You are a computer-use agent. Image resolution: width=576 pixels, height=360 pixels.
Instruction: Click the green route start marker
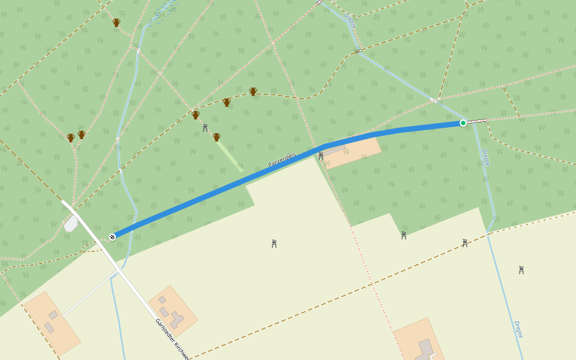point(463,123)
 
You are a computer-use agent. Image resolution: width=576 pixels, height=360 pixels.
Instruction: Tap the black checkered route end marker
point(112,237)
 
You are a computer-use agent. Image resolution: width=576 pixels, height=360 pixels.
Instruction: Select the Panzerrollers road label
point(282,160)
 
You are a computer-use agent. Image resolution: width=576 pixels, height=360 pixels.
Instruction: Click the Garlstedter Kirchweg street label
point(173,340)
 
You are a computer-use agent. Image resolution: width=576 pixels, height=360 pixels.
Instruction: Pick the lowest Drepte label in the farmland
point(518,329)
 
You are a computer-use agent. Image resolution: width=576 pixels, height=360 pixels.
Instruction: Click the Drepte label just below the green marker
point(485,157)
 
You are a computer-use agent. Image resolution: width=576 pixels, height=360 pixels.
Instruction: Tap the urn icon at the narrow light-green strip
point(217,137)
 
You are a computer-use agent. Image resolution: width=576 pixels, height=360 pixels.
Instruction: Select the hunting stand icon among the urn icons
point(205,127)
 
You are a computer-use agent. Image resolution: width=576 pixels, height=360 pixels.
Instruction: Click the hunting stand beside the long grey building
point(321,156)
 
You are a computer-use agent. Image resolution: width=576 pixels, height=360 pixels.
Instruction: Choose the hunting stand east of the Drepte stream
point(521,270)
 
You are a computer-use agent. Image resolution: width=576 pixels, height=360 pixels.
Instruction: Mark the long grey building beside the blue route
point(334,149)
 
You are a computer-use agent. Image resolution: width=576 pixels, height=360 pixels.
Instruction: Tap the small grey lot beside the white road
point(71,224)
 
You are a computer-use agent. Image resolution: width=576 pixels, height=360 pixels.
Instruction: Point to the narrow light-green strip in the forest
point(230,157)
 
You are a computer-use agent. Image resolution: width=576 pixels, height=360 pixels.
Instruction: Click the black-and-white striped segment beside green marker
point(477,121)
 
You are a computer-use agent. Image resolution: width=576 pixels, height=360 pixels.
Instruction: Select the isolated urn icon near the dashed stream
point(116,23)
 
